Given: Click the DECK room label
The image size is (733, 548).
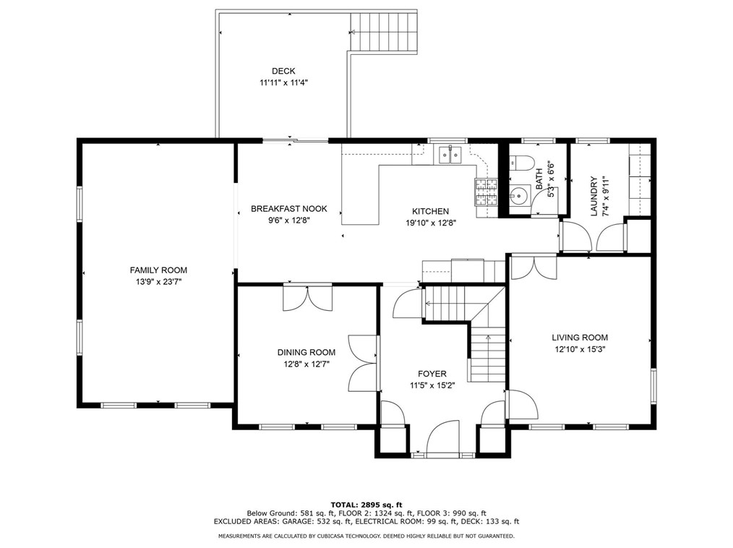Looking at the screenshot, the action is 283,71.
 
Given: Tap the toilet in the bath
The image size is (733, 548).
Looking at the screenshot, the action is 521,163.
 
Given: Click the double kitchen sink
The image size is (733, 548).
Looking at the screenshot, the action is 450,155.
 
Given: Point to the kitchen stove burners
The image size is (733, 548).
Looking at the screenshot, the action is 486,192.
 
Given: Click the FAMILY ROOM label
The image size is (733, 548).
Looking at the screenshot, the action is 158,270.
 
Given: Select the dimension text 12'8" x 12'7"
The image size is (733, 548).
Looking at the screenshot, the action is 307,364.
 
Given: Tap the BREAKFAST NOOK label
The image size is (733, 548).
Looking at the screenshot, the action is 289,209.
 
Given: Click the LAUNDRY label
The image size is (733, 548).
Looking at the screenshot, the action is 593,197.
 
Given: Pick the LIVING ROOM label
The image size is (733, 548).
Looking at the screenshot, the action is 580,338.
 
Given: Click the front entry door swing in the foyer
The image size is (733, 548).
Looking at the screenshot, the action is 442,437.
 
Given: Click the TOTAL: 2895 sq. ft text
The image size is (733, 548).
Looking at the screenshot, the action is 366,505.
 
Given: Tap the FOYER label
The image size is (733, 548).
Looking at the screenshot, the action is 432,374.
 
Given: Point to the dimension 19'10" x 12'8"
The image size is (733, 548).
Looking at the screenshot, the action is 431,223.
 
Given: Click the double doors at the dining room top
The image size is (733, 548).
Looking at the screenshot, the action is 308,297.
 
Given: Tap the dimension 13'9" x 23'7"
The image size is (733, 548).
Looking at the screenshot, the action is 158,282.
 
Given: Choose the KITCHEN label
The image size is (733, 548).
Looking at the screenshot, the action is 431,211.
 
